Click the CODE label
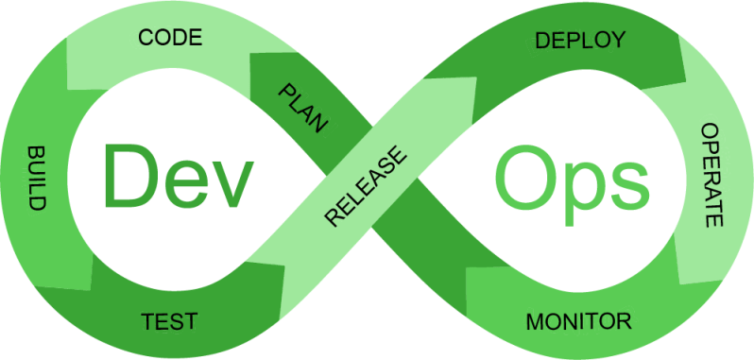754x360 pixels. coord(170,38)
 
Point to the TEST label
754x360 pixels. coord(169,320)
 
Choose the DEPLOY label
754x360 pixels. coord(580,40)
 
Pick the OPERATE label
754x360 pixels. coord(710,175)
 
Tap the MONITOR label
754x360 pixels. coord(578,320)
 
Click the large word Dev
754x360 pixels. coord(179,175)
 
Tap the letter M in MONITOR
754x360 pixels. coord(535,320)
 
